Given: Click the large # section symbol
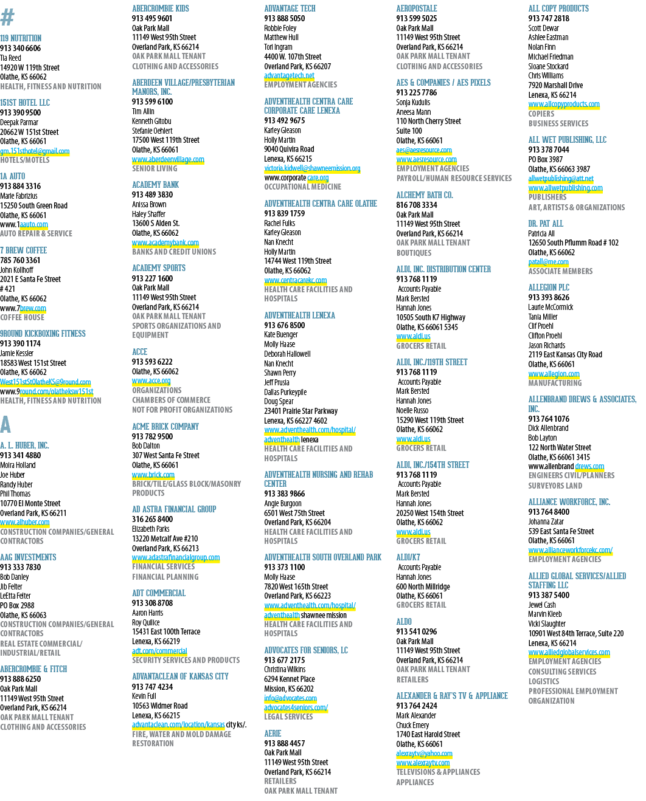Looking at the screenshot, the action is click(x=7, y=17).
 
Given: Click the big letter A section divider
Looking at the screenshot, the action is click(x=5, y=425).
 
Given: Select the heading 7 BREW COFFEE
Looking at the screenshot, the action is click(x=24, y=250).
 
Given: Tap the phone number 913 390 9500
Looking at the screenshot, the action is click(x=21, y=113).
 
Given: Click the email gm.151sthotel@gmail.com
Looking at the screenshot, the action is click(x=35, y=151).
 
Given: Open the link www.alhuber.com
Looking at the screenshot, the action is click(x=24, y=522).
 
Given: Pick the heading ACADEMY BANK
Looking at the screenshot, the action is click(x=155, y=185).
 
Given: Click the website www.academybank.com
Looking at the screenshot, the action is click(x=165, y=242).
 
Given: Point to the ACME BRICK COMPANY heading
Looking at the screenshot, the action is click(x=165, y=427).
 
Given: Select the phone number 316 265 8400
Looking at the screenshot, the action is click(x=152, y=519).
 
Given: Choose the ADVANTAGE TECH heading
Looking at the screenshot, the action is click(x=290, y=9).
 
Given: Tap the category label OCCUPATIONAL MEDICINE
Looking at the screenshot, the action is click(x=302, y=187).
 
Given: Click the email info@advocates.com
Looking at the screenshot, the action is click(x=290, y=698).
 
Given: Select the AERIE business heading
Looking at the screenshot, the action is click(x=273, y=734).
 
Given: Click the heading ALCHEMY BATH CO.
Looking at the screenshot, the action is click(x=425, y=195).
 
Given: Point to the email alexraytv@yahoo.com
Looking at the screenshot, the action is click(x=425, y=754).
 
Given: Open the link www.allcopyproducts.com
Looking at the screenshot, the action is click(x=564, y=104).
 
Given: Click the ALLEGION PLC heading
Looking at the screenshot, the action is click(x=549, y=287).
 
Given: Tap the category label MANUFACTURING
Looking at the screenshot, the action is click(x=555, y=383).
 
